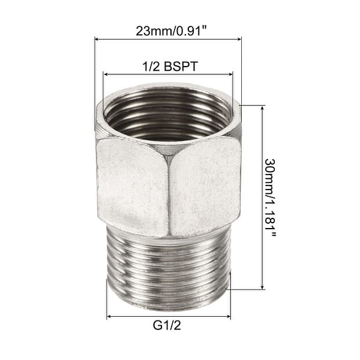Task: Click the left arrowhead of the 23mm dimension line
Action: tap(97, 40)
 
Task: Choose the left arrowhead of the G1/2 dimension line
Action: tap(109, 316)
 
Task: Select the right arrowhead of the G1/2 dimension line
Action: tap(229, 316)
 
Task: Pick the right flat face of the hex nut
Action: tap(207, 186)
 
